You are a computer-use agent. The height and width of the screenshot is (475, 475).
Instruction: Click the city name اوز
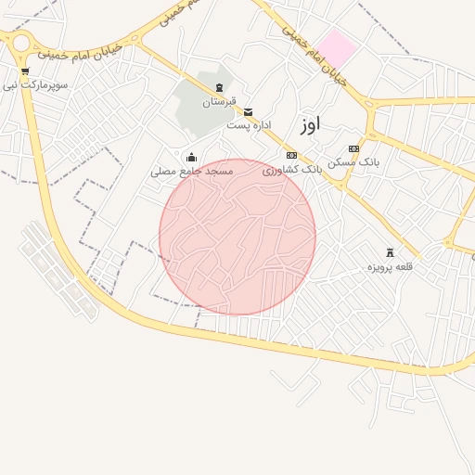[x=310, y=125]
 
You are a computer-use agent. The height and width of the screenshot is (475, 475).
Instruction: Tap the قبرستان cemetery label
[x=220, y=101]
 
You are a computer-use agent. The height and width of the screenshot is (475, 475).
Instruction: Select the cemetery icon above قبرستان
[x=219, y=87]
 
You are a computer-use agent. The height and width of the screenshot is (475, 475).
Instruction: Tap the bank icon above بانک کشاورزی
[x=291, y=155]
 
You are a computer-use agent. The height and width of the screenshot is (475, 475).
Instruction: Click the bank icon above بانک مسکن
[x=353, y=148]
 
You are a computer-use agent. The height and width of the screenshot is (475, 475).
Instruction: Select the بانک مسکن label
[x=353, y=162]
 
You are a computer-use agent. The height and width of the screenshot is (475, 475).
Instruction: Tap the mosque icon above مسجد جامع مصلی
[x=192, y=158]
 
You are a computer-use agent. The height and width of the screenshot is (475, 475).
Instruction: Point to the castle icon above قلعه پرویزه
[x=390, y=252]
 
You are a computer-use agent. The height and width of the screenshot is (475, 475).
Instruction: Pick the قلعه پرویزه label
[x=390, y=267]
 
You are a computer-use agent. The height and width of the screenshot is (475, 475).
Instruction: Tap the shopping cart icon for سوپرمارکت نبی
[x=24, y=71]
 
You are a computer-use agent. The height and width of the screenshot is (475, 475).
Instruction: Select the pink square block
[x=339, y=47]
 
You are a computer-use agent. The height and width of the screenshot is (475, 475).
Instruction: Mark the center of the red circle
[x=237, y=237]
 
